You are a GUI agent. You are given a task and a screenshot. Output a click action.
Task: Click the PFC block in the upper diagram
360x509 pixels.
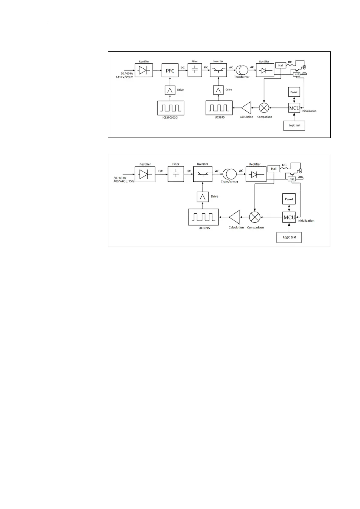pos(170,70)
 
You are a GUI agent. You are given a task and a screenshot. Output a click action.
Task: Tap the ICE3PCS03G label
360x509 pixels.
pos(170,117)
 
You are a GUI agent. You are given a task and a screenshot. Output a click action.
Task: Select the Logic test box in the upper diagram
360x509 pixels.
pos(294,125)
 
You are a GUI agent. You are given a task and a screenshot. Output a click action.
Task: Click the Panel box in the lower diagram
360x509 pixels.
pos(289,199)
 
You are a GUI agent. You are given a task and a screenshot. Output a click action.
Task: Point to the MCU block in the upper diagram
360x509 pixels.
pos(294,108)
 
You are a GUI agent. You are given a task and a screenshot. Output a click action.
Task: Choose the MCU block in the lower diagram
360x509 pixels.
pos(289,217)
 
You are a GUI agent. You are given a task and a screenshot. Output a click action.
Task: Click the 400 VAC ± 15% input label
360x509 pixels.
pos(124,181)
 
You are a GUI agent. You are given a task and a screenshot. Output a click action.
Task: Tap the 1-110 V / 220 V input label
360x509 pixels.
pos(124,77)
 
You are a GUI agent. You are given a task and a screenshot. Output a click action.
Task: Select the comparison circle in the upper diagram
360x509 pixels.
pos(264,108)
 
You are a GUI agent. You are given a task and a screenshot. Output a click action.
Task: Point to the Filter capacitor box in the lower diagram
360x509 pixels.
pos(176,174)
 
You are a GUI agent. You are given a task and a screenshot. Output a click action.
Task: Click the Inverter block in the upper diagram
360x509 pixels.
pos(218,70)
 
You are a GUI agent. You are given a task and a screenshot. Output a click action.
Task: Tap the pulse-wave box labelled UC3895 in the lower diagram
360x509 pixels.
pos(204,217)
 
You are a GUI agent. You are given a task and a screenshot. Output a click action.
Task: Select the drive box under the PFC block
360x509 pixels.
pos(170,90)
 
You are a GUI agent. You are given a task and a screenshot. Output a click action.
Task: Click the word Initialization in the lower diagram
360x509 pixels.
pos(306,221)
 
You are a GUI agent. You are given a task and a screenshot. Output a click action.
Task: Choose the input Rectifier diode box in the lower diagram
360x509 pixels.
pos(145,174)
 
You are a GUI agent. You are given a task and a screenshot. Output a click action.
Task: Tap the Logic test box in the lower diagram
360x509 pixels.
pos(289,237)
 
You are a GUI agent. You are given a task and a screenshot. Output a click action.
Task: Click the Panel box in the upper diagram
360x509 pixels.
pos(294,92)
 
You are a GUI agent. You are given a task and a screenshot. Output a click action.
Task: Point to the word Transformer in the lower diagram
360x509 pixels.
pos(229,182)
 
